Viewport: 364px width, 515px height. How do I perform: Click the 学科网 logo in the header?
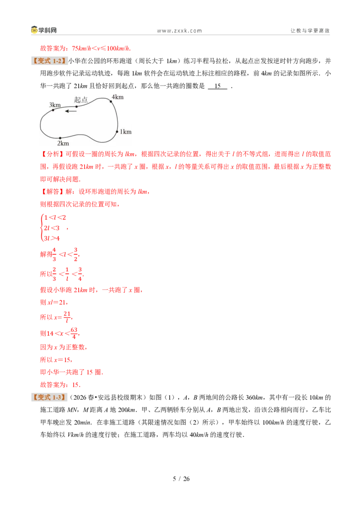[x=44, y=30]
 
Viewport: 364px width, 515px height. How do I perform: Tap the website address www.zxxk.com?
[x=179, y=30]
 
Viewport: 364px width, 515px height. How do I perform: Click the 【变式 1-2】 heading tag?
[x=49, y=61]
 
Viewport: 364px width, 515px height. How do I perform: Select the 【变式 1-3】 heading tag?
[x=49, y=397]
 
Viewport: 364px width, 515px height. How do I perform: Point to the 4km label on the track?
[x=117, y=97]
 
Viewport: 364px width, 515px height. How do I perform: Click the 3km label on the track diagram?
[x=55, y=105]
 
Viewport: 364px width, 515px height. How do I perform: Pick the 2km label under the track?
[x=63, y=143]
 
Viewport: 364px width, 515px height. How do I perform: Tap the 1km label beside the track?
[x=126, y=131]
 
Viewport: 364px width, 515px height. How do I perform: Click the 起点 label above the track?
[x=81, y=100]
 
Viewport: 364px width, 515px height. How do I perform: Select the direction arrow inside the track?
[x=71, y=111]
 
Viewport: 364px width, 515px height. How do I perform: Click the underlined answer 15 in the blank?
[x=217, y=86]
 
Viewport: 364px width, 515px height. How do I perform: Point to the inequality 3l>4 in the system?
[x=52, y=238]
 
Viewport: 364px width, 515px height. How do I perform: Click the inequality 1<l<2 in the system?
[x=55, y=217]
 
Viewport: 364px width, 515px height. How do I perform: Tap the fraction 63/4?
[x=74, y=333]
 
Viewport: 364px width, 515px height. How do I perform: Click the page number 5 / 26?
[x=182, y=479]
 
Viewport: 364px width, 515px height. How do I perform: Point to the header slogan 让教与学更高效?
[x=310, y=30]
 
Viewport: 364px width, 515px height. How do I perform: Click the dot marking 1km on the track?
[x=117, y=131]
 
